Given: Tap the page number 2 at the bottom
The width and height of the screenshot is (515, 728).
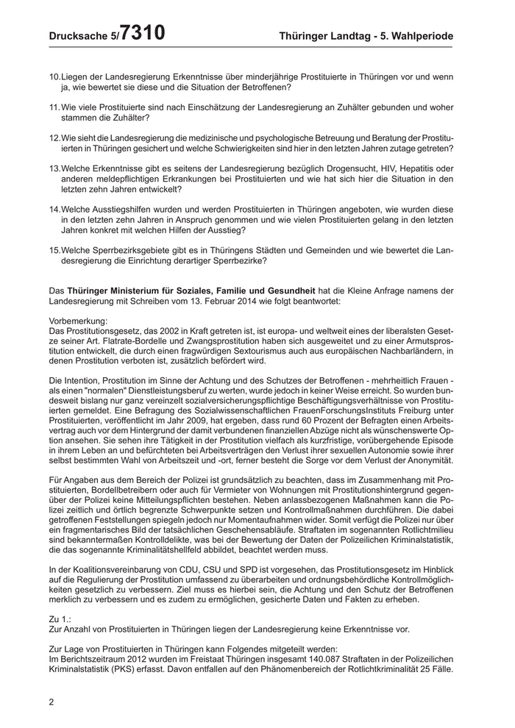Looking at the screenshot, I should point(51,702).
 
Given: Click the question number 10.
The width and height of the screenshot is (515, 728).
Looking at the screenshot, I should point(54,77).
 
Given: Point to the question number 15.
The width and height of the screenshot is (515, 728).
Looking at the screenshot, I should point(54,249).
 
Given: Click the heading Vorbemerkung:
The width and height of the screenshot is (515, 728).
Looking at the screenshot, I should point(78,321).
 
